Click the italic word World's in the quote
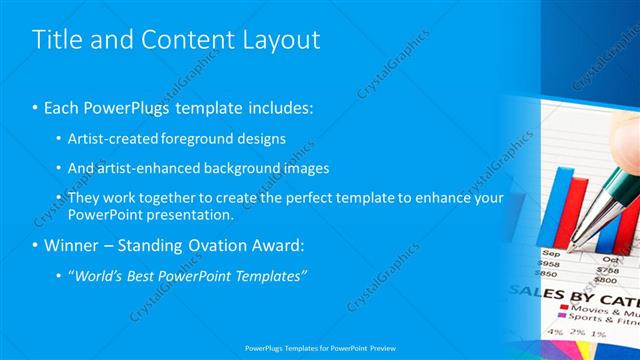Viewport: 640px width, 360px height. pyautogui.click(x=99, y=275)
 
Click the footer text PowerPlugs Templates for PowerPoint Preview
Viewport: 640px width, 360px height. pyautogui.click(x=319, y=348)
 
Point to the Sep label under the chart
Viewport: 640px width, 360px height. pyautogui.click(x=550, y=254)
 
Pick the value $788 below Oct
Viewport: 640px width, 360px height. pyautogui.click(x=607, y=268)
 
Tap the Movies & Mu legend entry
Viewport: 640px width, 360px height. pyautogui.click(x=600, y=310)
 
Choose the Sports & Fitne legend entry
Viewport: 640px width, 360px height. pyautogui.click(x=602, y=322)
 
